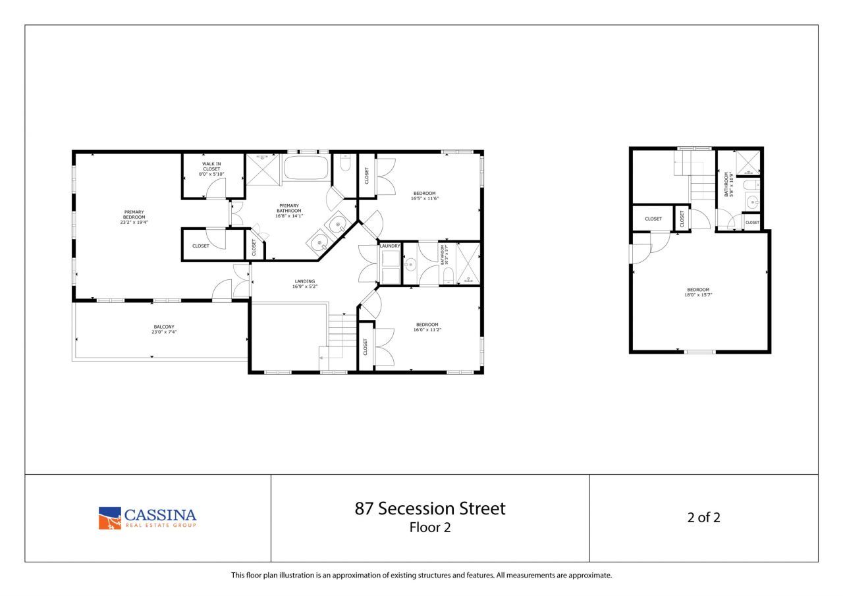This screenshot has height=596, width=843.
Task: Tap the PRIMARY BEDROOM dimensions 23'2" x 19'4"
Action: click(134, 222)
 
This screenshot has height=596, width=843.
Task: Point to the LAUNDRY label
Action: click(390, 246)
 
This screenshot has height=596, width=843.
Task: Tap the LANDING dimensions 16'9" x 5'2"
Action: click(305, 286)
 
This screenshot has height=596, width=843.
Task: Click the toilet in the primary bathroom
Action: click(345, 164)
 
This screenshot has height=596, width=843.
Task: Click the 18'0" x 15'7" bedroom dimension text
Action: click(698, 295)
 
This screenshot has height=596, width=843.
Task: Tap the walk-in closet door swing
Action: click(215, 189)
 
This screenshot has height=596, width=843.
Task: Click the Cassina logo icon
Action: click(110, 518)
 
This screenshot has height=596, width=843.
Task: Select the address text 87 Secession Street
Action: click(430, 508)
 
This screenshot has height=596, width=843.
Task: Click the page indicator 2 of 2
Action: click(703, 518)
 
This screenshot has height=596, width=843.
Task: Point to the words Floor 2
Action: click(430, 527)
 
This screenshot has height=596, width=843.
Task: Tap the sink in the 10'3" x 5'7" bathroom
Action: click(410, 265)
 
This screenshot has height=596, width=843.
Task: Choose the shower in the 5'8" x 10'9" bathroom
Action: click(748, 163)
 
